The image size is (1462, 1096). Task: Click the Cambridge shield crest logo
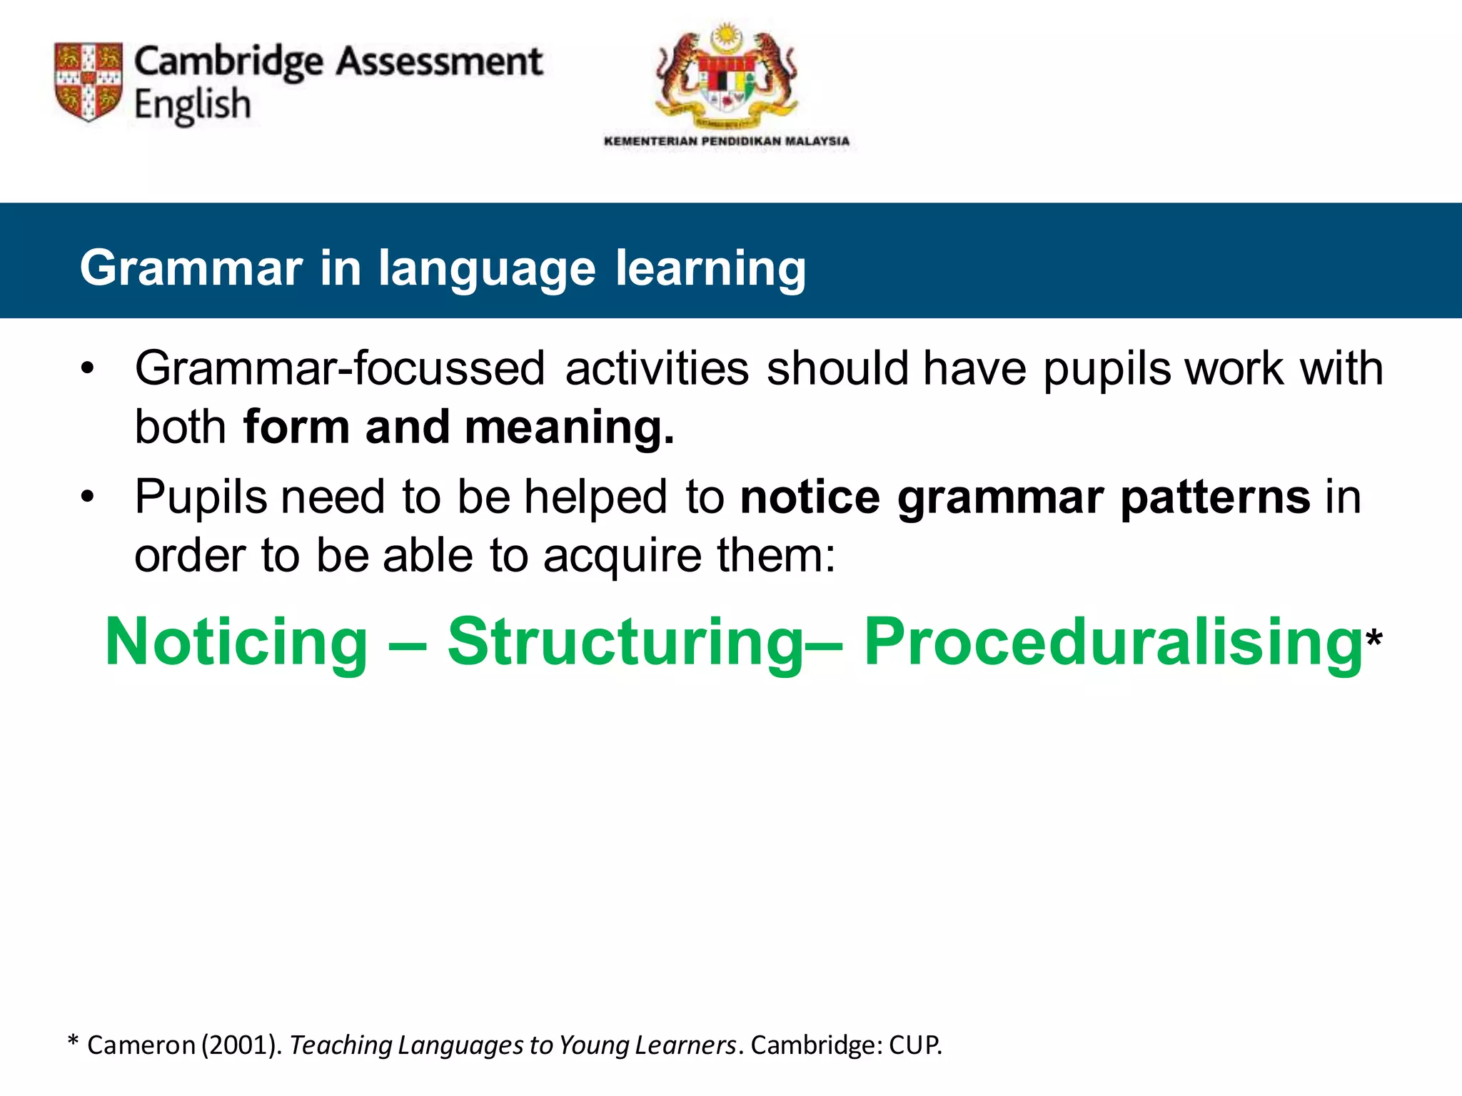[89, 81]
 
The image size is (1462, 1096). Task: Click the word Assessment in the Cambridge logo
[439, 61]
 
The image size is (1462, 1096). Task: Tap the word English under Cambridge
[193, 105]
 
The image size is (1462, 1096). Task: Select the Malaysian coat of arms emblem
[726, 76]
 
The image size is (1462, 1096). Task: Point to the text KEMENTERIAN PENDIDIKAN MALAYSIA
[727, 141]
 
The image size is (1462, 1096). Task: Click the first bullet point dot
[87, 370]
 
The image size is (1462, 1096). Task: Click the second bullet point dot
[87, 497]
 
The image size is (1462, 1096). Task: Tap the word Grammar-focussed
[340, 369]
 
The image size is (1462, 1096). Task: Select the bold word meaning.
[568, 427]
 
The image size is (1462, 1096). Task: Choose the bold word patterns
[1215, 497]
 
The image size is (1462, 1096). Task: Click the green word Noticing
[236, 642]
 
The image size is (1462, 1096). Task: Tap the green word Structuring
[626, 642]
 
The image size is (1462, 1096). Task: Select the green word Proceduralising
[1112, 642]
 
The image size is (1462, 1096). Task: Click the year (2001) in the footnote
[241, 1045]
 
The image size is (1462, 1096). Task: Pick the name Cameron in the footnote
[141, 1045]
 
